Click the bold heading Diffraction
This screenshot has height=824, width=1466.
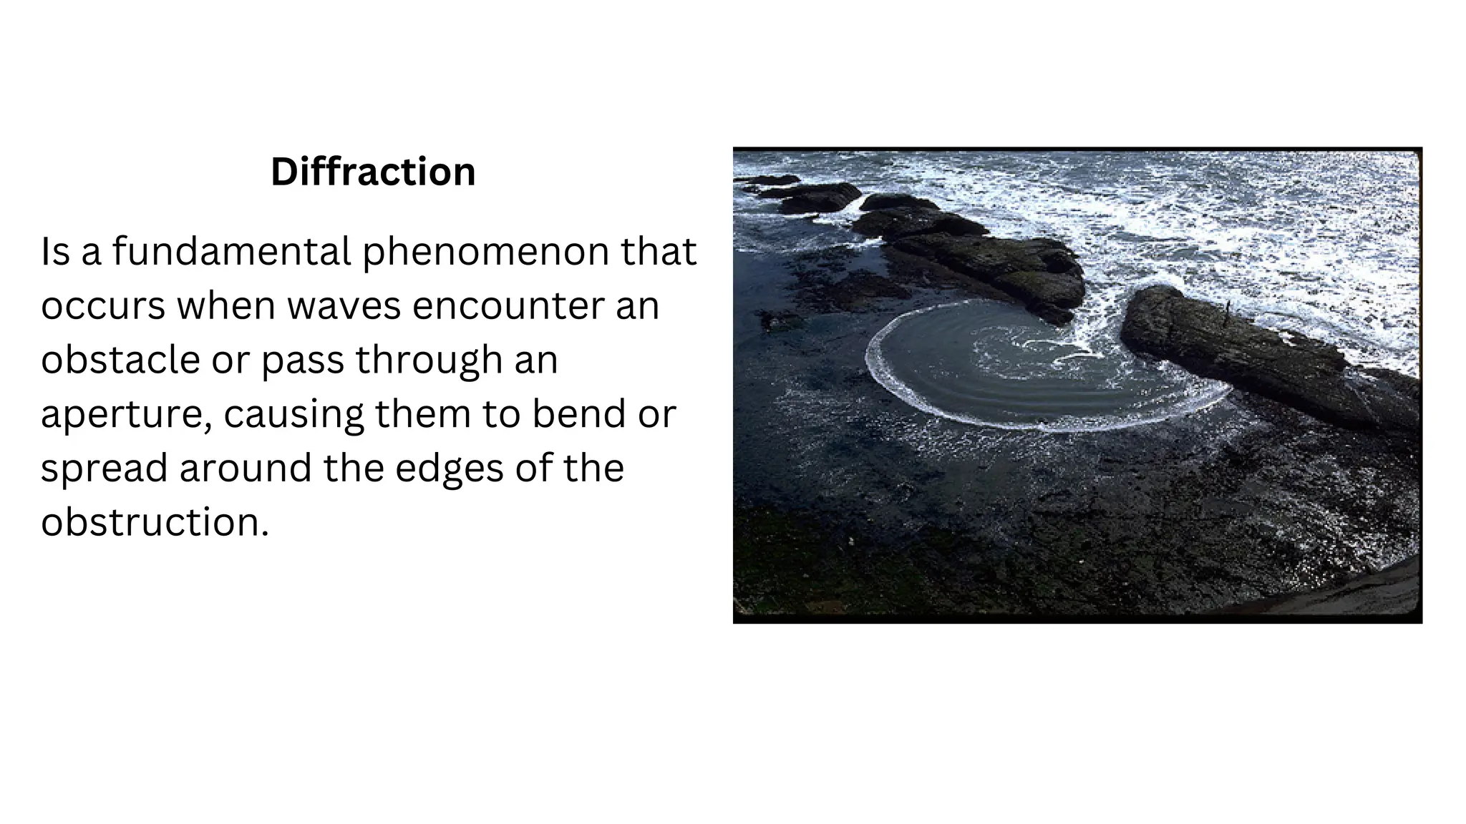373,172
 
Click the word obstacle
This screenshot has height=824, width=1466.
120,359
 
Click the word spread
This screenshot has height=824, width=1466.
104,469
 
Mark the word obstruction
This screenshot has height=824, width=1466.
154,522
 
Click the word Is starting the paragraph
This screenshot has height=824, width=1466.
55,252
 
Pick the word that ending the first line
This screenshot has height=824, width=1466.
659,252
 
